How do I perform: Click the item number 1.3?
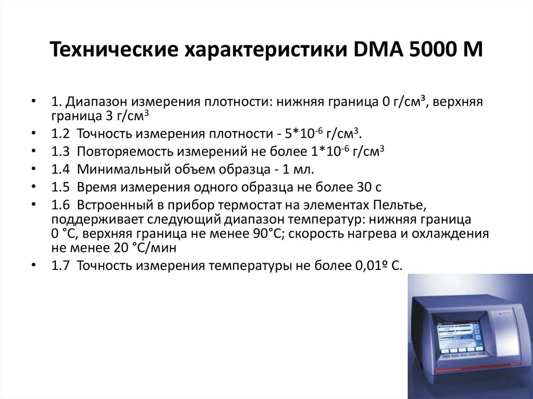[60, 152]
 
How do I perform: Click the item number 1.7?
[60, 266]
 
